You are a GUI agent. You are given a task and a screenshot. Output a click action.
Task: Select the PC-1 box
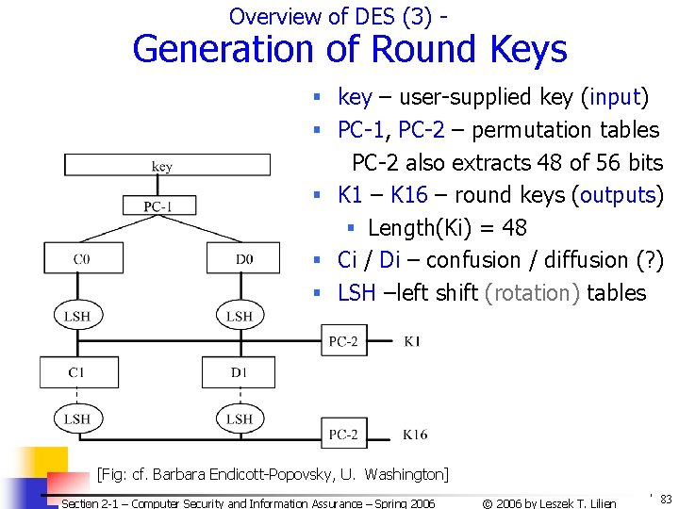pyautogui.click(x=157, y=205)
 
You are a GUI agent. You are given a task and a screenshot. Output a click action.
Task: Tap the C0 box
pyautogui.click(x=83, y=258)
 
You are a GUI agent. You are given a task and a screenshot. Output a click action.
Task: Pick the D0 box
pyautogui.click(x=243, y=258)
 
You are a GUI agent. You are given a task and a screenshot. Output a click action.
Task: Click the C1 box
pyautogui.click(x=78, y=372)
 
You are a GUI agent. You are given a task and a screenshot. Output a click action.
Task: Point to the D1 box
pyautogui.click(x=239, y=372)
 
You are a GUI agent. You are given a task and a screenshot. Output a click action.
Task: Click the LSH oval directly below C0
pyautogui.click(x=77, y=316)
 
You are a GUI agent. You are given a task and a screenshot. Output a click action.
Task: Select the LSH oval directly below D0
pyautogui.click(x=239, y=316)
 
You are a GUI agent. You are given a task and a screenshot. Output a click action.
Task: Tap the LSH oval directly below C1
pyautogui.click(x=77, y=417)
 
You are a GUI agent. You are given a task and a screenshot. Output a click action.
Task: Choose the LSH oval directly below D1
pyautogui.click(x=239, y=417)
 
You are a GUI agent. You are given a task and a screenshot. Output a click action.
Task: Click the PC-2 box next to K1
pyautogui.click(x=342, y=341)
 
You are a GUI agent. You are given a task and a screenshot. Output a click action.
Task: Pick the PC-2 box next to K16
pyautogui.click(x=342, y=435)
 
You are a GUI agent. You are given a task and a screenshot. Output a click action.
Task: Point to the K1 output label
pyautogui.click(x=412, y=341)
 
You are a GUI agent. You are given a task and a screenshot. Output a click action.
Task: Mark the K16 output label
pyautogui.click(x=415, y=435)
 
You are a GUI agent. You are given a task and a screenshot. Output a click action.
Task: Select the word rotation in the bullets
pyautogui.click(x=532, y=293)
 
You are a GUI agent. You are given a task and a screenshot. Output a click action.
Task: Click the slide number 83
pyautogui.click(x=666, y=499)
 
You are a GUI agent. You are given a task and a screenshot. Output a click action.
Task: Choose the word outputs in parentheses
pyautogui.click(x=618, y=195)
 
